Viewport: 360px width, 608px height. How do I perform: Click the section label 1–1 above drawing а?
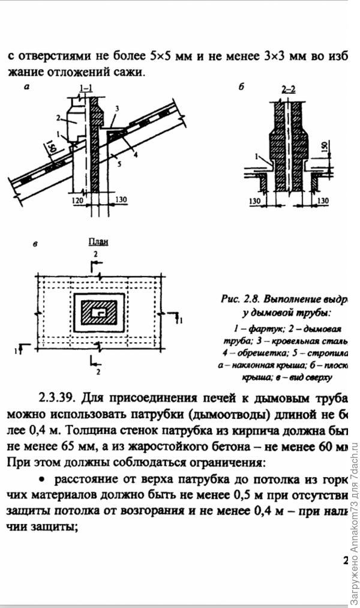[x=86, y=89]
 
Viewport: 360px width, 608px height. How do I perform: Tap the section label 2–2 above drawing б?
[x=289, y=89]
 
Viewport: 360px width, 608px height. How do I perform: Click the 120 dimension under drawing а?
[x=77, y=199]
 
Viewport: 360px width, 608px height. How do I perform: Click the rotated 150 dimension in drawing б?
[x=324, y=148]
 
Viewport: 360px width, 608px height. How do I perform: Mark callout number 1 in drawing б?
[x=256, y=156]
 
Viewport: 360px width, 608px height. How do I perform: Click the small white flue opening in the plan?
[x=100, y=313]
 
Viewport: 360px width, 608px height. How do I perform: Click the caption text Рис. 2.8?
[x=239, y=298]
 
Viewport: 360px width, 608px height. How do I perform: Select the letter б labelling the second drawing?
[x=241, y=87]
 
